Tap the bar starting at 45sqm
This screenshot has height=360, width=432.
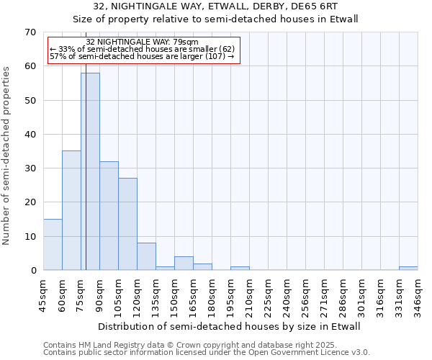point(53,245)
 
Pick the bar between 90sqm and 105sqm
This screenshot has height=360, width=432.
point(109,216)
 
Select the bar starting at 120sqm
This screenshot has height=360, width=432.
point(146,256)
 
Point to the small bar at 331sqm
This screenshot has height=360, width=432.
point(408,268)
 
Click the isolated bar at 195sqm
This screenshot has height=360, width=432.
point(240,268)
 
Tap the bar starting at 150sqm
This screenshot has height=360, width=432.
point(184,264)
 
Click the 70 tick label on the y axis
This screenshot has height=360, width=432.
point(30,32)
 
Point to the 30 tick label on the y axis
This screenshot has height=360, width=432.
point(30,168)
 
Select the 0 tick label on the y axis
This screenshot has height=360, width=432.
point(32,271)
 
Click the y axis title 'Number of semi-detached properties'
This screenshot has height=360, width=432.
point(6,156)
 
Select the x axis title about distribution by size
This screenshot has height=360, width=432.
point(228,326)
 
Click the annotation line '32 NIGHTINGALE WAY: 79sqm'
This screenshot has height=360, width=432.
point(142,42)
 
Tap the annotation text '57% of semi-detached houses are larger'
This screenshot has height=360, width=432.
point(142,56)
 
